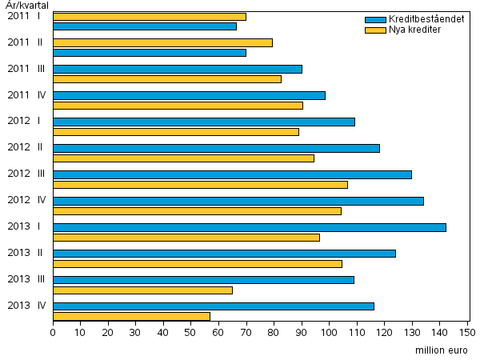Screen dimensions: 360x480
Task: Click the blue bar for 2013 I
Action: [x=250, y=227]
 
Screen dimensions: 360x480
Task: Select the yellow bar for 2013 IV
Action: [x=131, y=316]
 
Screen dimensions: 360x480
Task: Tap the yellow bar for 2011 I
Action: [x=150, y=16]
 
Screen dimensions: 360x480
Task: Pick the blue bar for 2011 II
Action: [x=150, y=52]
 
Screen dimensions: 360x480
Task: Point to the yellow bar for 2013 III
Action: [x=142, y=290]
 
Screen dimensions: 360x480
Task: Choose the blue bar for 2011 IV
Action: [x=189, y=95]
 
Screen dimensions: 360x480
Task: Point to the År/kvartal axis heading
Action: [x=26, y=6]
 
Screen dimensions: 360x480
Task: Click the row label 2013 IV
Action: [x=26, y=305]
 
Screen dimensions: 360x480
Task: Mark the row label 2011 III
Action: [x=26, y=69]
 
